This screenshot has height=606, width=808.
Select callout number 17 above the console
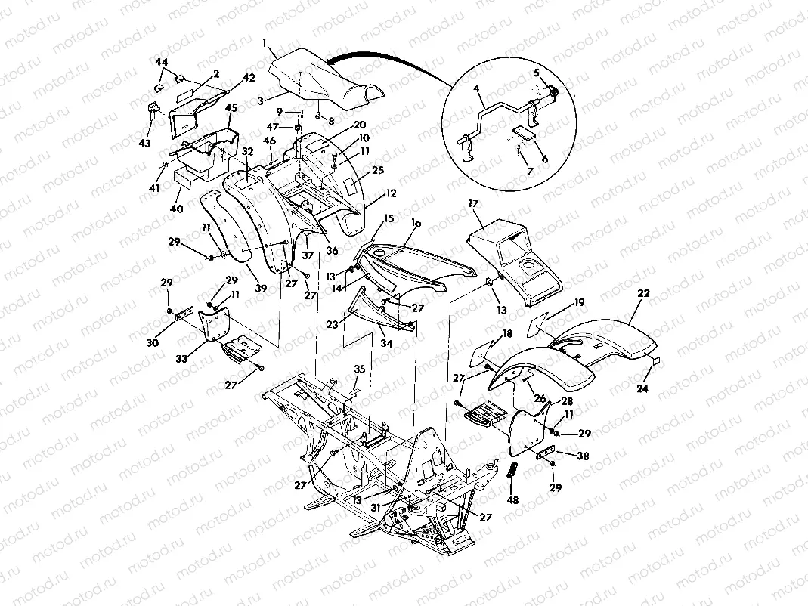pos(473,204)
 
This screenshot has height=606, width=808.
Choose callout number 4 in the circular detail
pos(477,88)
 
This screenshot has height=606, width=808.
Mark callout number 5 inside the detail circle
pos(537,73)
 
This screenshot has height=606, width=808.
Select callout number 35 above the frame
pos(359,368)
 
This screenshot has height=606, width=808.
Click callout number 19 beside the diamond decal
pos(579,301)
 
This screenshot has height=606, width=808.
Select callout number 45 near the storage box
pos(231,107)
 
